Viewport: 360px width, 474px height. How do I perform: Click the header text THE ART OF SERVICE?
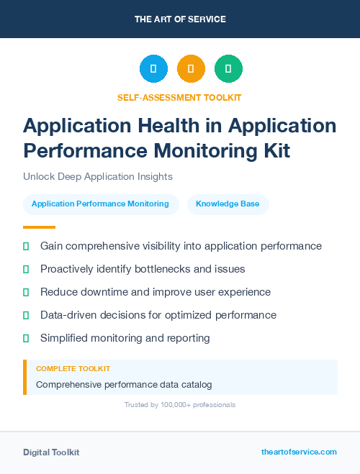180,19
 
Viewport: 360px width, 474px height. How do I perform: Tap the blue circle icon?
153,69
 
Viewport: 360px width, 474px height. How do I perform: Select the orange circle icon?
191,69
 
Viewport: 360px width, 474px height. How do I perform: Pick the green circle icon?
228,69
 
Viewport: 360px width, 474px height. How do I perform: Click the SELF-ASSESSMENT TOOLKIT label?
179,97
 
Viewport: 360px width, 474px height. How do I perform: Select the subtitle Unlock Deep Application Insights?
98,176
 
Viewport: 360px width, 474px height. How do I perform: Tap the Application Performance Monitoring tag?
100,204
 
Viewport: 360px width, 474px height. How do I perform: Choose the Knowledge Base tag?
228,204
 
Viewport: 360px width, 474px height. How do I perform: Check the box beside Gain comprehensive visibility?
26,246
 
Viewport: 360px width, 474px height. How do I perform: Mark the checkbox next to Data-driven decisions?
26,315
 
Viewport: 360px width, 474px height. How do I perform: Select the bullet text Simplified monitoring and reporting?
125,338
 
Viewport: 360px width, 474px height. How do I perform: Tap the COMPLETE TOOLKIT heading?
73,368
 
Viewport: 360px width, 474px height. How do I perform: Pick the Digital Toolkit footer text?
51,452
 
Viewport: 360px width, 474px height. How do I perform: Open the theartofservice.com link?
299,452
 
